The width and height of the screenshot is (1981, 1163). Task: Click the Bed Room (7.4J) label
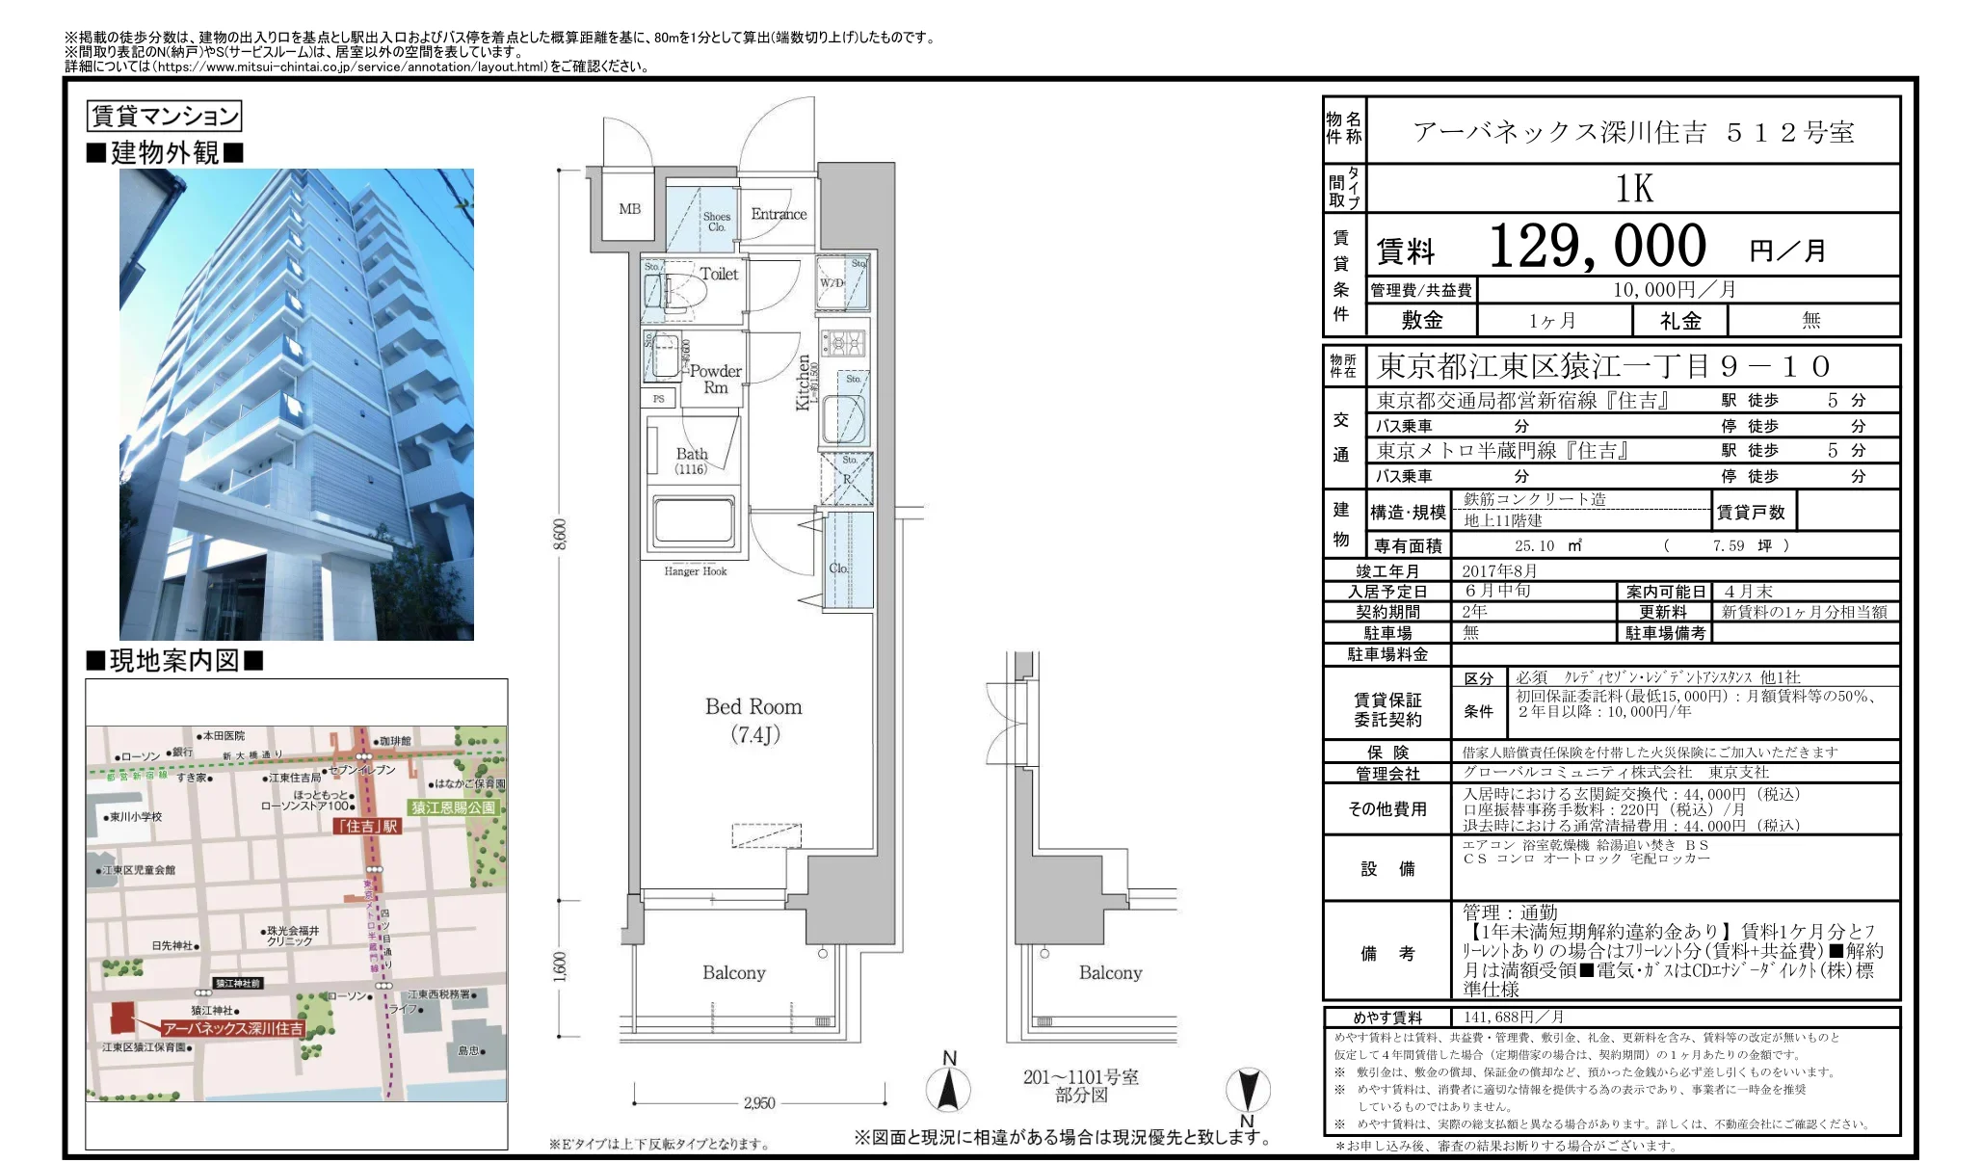pyautogui.click(x=753, y=720)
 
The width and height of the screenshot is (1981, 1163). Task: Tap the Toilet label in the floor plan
pyautogui.click(x=719, y=274)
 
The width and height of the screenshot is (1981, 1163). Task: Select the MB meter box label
pyautogui.click(x=629, y=208)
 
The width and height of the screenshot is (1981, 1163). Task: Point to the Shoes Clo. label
pyautogui.click(x=716, y=222)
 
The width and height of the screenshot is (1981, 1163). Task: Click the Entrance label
pyautogui.click(x=779, y=214)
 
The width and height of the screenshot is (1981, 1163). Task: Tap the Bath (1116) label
pyautogui.click(x=691, y=461)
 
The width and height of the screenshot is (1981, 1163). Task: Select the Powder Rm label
pyautogui.click(x=715, y=379)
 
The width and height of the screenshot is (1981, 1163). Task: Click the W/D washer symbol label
pyautogui.click(x=832, y=282)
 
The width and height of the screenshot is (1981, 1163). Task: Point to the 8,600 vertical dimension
pyautogui.click(x=560, y=535)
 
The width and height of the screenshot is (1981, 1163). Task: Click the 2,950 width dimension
pyautogui.click(x=759, y=1102)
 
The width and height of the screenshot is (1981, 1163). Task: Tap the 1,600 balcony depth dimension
pyautogui.click(x=560, y=966)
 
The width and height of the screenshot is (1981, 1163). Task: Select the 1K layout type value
pyautogui.click(x=1633, y=189)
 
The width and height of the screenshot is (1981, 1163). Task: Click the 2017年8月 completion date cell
pyautogui.click(x=1499, y=570)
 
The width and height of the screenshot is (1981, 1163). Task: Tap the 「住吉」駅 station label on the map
pyautogui.click(x=367, y=826)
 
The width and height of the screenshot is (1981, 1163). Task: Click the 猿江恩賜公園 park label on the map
pyautogui.click(x=454, y=807)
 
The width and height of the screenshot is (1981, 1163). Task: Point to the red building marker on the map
pyautogui.click(x=122, y=1017)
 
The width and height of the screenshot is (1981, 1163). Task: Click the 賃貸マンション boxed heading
pyautogui.click(x=164, y=117)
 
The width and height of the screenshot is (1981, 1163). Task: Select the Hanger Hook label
pyautogui.click(x=695, y=571)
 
